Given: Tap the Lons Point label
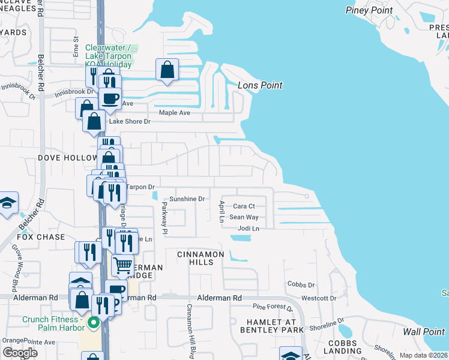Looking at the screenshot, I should [x=260, y=86].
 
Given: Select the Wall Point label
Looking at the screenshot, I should [x=423, y=332].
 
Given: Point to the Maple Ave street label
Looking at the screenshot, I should [x=174, y=113].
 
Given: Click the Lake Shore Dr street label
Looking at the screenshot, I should [x=129, y=121].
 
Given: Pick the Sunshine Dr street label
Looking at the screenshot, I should [x=187, y=199].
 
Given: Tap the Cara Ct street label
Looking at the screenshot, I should [x=244, y=206].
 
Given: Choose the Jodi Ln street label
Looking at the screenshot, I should [x=248, y=229].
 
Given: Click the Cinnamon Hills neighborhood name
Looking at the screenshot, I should [x=200, y=259].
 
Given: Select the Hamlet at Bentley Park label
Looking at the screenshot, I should [x=272, y=326].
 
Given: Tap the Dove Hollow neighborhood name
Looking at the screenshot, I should [x=67, y=158].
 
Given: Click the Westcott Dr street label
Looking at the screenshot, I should [x=319, y=298].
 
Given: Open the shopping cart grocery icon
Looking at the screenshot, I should [x=123, y=264].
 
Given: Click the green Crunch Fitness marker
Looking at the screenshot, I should [x=93, y=323].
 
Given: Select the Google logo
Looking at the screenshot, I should [x=20, y=352].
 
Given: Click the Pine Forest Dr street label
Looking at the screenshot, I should [x=272, y=308].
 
